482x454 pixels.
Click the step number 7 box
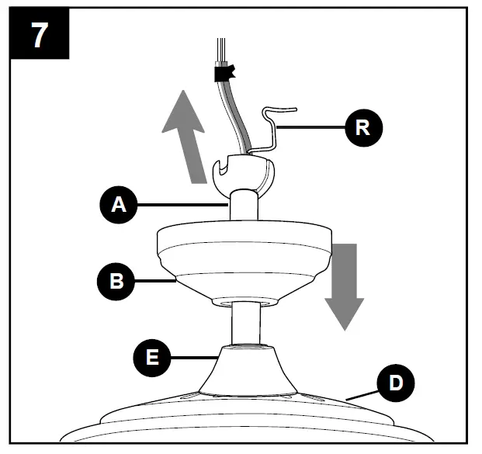(x=38, y=36)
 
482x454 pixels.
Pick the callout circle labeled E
(x=153, y=357)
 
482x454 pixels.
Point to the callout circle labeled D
(x=394, y=384)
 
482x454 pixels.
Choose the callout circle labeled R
(x=362, y=127)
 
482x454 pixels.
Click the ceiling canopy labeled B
(x=243, y=260)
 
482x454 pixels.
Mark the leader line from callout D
(x=360, y=396)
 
